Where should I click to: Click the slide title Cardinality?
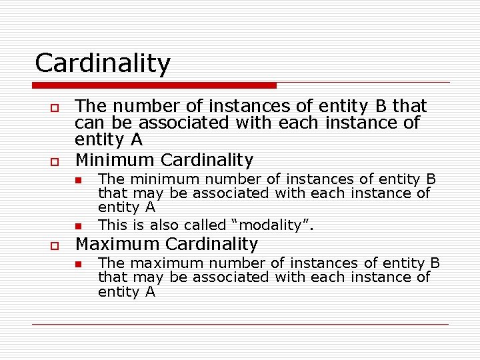103,63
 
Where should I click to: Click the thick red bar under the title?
154,85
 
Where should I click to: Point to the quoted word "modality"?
273,225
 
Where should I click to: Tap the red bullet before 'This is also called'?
77,226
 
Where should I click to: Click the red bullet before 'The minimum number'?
77,180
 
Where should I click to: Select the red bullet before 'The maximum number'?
77,264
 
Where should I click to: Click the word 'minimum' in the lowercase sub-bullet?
158,179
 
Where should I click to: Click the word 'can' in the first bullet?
87,123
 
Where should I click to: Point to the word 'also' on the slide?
165,225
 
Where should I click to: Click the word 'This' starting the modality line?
111,225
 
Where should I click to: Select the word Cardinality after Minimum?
207,160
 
